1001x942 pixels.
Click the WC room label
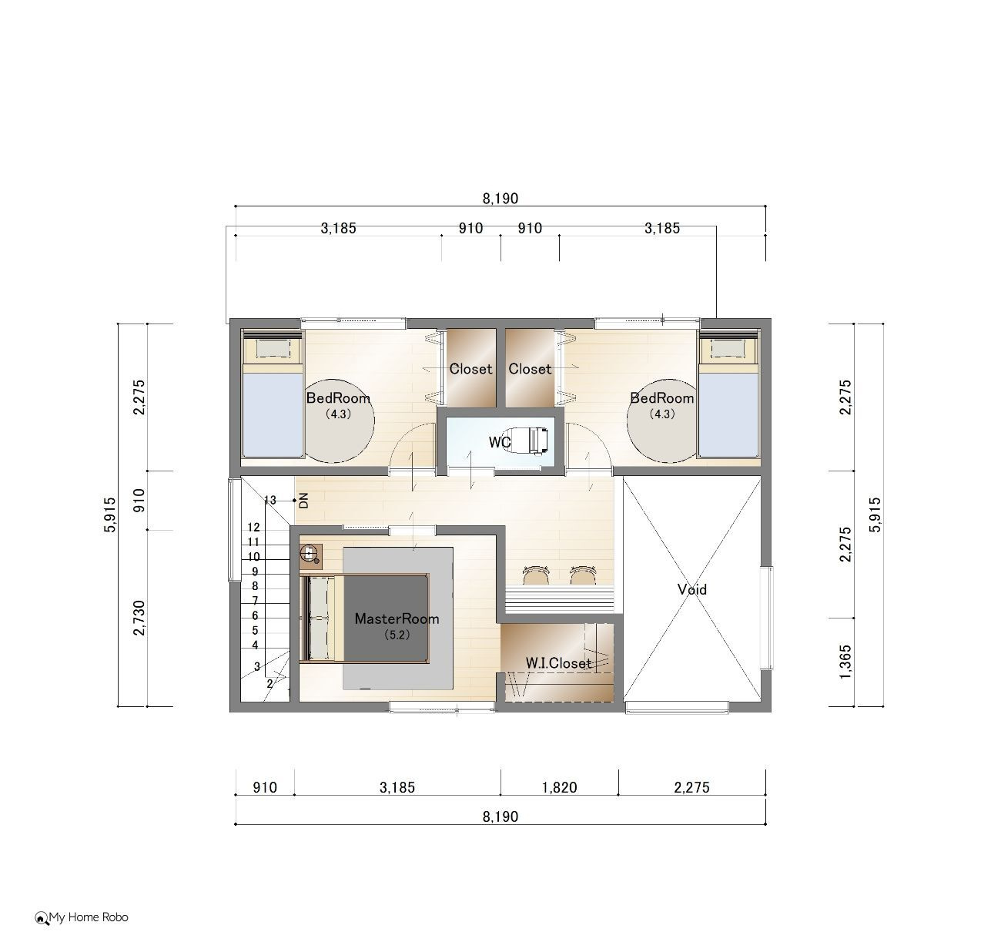pos(500,443)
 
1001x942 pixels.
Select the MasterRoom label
pos(397,619)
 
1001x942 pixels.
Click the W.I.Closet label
pos(558,663)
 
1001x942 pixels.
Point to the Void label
pos(691,589)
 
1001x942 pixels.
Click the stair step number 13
pos(270,500)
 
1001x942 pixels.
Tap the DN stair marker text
pos(303,500)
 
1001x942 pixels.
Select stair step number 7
pos(255,601)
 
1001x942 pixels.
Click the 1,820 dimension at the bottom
pos(559,787)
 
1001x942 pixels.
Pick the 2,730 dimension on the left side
pos(139,618)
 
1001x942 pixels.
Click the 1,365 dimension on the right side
pos(845,662)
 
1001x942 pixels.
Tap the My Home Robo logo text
pos(89,917)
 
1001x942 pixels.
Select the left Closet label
pos(470,369)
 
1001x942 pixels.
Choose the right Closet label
pos(529,369)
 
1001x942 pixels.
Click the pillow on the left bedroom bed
pos(273,348)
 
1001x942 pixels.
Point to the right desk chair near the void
pos(583,575)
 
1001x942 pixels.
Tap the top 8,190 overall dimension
pos(500,199)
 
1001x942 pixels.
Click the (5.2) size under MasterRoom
pos(397,635)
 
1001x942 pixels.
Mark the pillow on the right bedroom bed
pos(728,348)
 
